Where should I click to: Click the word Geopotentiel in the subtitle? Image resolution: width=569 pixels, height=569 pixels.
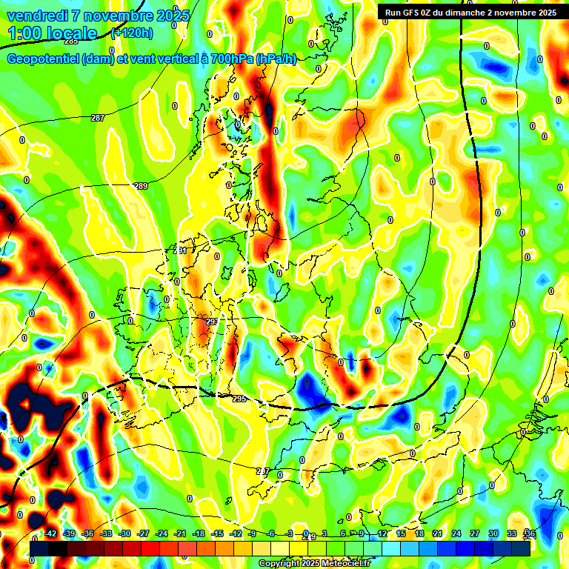pos(44,60)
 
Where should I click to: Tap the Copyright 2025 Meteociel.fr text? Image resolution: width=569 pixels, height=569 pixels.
pos(313,564)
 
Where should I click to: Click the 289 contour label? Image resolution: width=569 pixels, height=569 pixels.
pos(141,186)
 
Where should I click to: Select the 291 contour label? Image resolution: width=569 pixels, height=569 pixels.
pos(180,252)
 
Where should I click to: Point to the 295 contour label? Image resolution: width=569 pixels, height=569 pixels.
pos(239,399)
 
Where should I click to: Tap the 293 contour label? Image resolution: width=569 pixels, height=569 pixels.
pos(212,322)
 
